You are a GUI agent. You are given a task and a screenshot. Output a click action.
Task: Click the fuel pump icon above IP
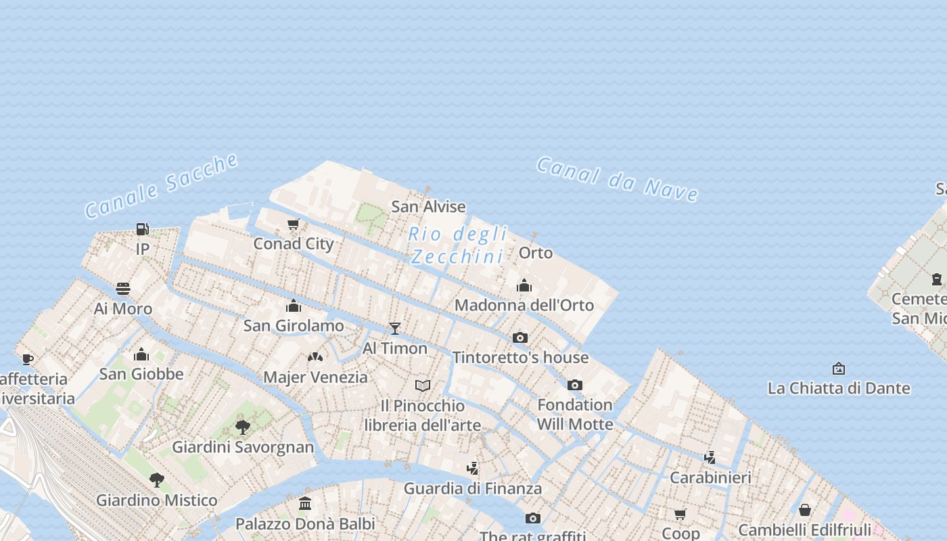[x=142, y=229]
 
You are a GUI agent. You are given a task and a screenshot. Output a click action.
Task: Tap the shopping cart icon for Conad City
[x=293, y=224]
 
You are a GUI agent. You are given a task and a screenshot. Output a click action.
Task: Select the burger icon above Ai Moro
[x=123, y=289]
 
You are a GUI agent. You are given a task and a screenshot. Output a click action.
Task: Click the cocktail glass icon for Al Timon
[x=395, y=328]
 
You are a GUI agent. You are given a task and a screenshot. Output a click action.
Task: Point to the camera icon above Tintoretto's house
[x=519, y=337]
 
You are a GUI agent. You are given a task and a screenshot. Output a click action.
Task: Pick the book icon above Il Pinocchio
[x=423, y=385]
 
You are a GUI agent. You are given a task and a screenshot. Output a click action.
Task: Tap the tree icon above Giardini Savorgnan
[x=242, y=427]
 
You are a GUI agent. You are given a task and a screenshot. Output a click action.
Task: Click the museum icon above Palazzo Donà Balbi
[x=305, y=504]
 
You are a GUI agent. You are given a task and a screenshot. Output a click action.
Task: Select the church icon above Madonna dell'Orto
[x=524, y=285]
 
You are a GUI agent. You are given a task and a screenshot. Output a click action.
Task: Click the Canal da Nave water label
[x=617, y=179]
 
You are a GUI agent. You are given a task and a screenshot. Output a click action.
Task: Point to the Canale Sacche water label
[x=162, y=185]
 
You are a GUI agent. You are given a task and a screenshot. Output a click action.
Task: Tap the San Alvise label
[x=428, y=206]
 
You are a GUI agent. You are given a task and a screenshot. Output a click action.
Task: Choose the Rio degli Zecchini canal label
[x=458, y=245]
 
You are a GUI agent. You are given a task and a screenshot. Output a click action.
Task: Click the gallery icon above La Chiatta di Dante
[x=839, y=369]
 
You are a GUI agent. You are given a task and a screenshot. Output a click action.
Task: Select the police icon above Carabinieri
[x=710, y=457]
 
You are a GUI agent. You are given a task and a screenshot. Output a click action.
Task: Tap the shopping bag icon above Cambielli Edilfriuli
[x=805, y=510]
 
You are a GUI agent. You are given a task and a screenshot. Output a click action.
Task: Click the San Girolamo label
[x=294, y=325]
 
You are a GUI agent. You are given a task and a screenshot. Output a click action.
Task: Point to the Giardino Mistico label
[x=156, y=500]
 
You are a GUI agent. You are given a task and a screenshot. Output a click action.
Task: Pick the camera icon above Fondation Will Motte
[x=575, y=385]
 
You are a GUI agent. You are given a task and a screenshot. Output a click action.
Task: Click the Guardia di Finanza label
[x=472, y=488]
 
